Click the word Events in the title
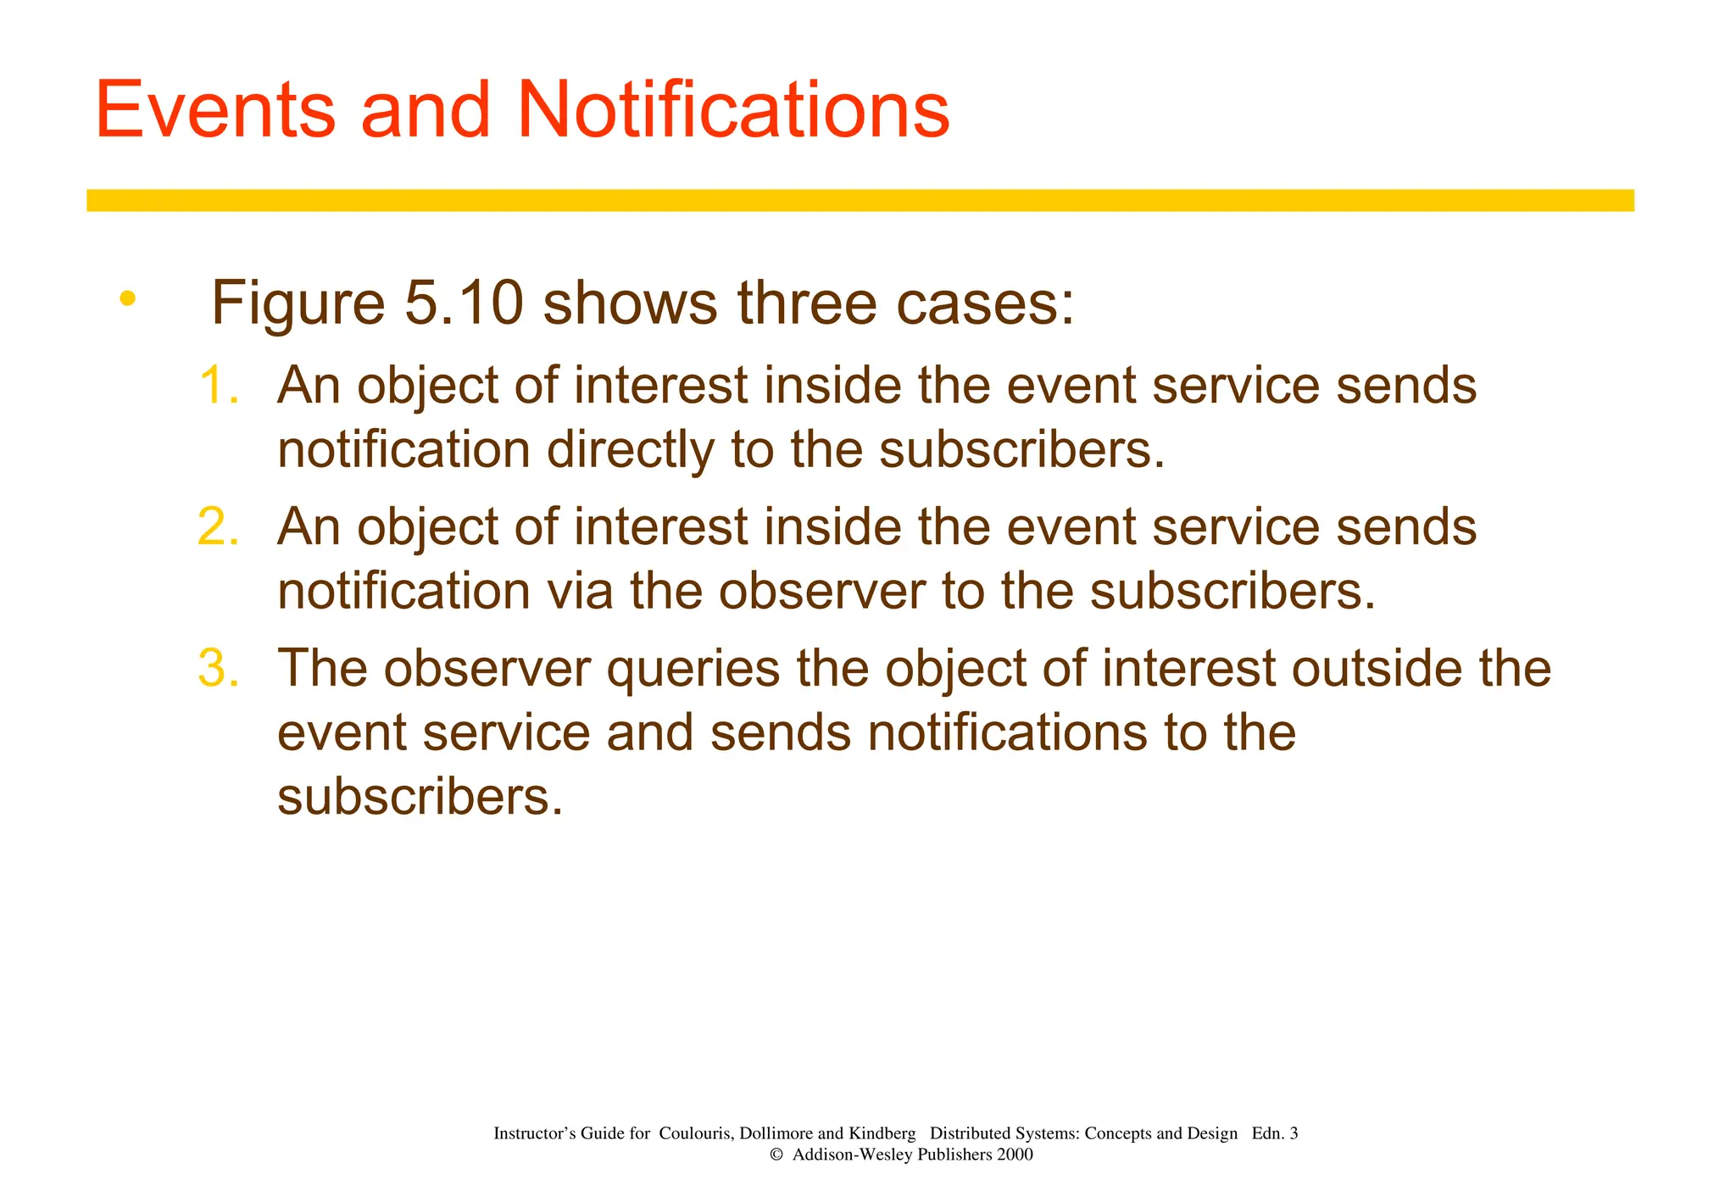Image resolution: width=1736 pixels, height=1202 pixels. [215, 110]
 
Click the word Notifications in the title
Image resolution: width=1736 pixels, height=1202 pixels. [732, 110]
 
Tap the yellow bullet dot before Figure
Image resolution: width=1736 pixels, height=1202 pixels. [127, 298]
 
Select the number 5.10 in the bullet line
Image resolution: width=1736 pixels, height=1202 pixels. [463, 303]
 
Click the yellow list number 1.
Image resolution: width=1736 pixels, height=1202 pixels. [219, 386]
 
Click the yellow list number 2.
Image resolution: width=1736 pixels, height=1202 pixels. [219, 527]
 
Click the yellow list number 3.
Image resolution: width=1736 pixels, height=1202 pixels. [219, 669]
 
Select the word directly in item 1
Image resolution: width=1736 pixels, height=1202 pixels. [630, 450]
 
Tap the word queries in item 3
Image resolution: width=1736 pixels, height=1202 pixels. [693, 669]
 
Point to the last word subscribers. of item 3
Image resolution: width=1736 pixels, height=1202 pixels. [420, 797]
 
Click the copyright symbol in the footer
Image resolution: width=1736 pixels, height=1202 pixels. [775, 1155]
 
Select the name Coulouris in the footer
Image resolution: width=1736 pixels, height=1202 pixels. [695, 1133]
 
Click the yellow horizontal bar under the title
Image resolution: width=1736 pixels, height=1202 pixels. [860, 200]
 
